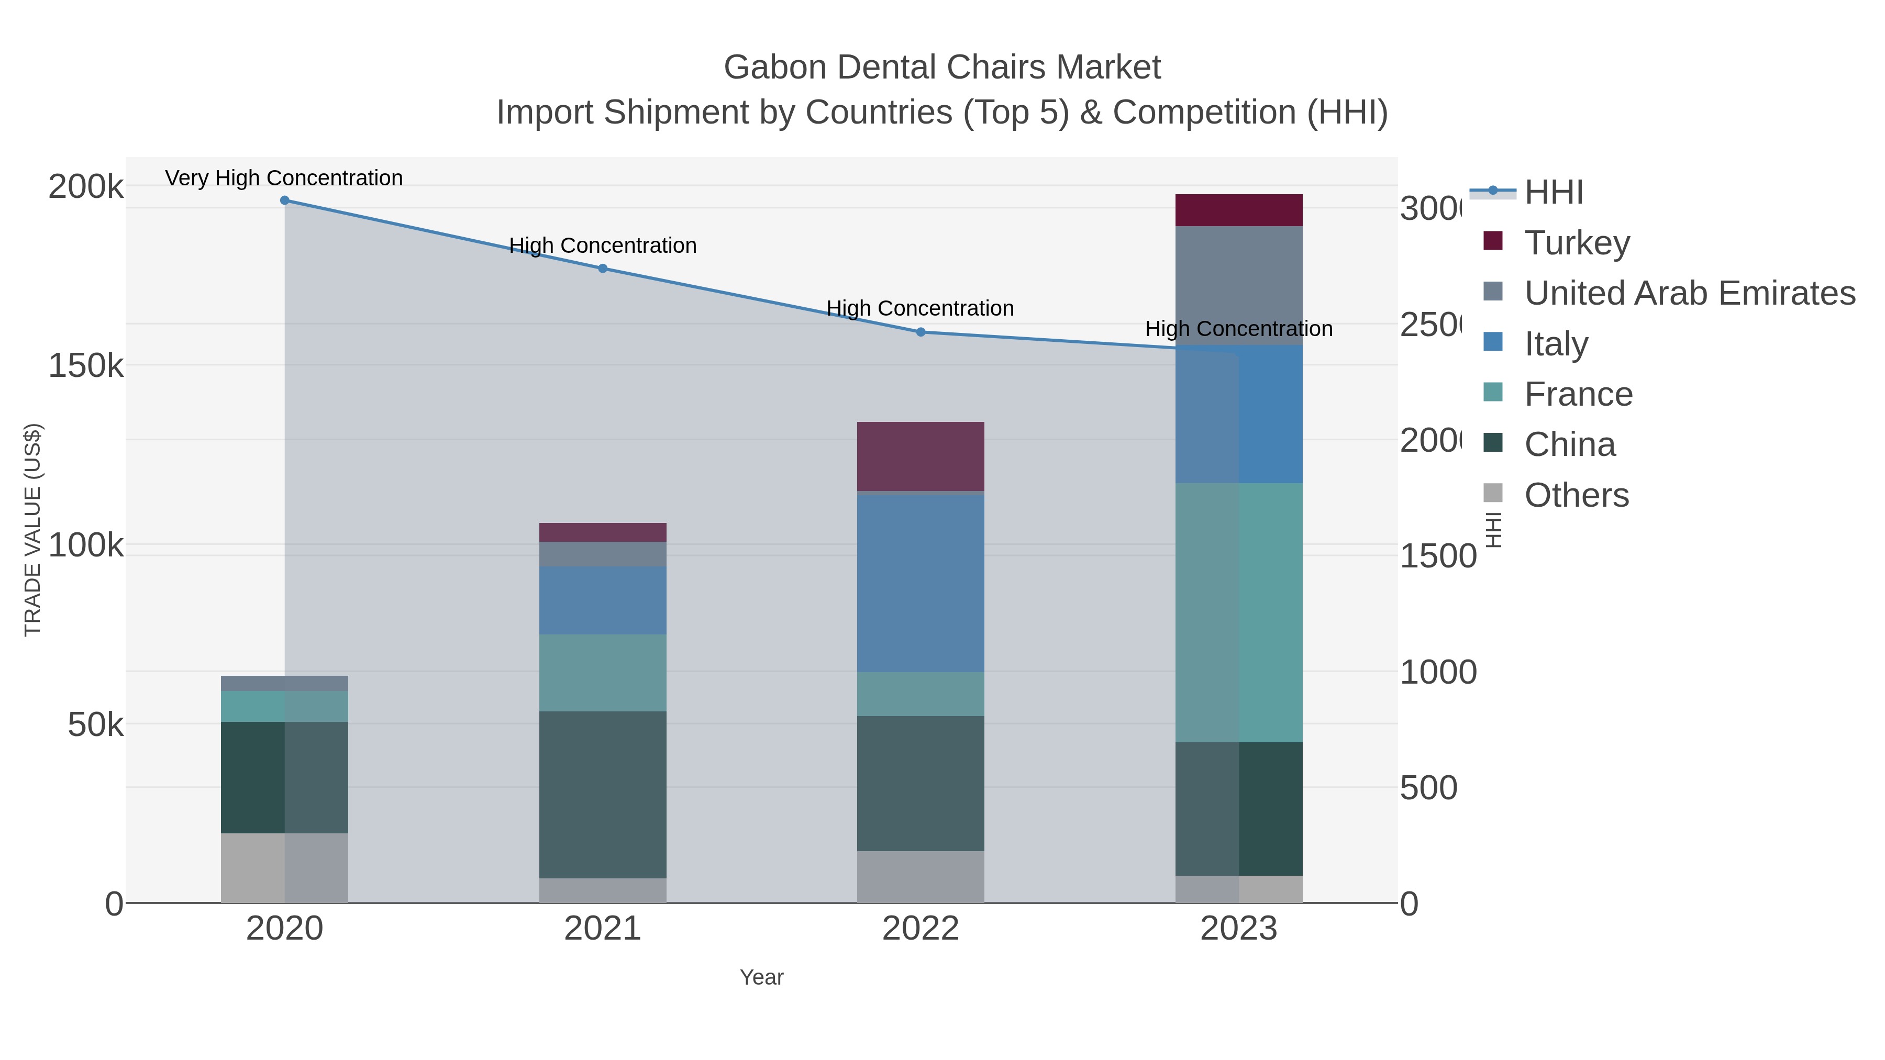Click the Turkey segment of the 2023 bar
(x=1238, y=210)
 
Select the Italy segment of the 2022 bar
(x=920, y=583)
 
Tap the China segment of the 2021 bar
(x=602, y=795)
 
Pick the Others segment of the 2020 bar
(x=284, y=867)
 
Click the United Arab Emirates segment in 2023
(x=1238, y=285)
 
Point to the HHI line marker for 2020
(x=285, y=200)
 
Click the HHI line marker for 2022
(x=921, y=332)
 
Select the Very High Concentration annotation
(x=284, y=178)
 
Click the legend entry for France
(x=1578, y=394)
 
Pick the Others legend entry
(x=1576, y=495)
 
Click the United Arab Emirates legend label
(x=1689, y=293)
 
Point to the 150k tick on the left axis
(x=86, y=365)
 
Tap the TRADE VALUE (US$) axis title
(x=33, y=530)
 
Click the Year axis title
(x=761, y=977)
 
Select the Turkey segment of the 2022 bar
(x=920, y=456)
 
